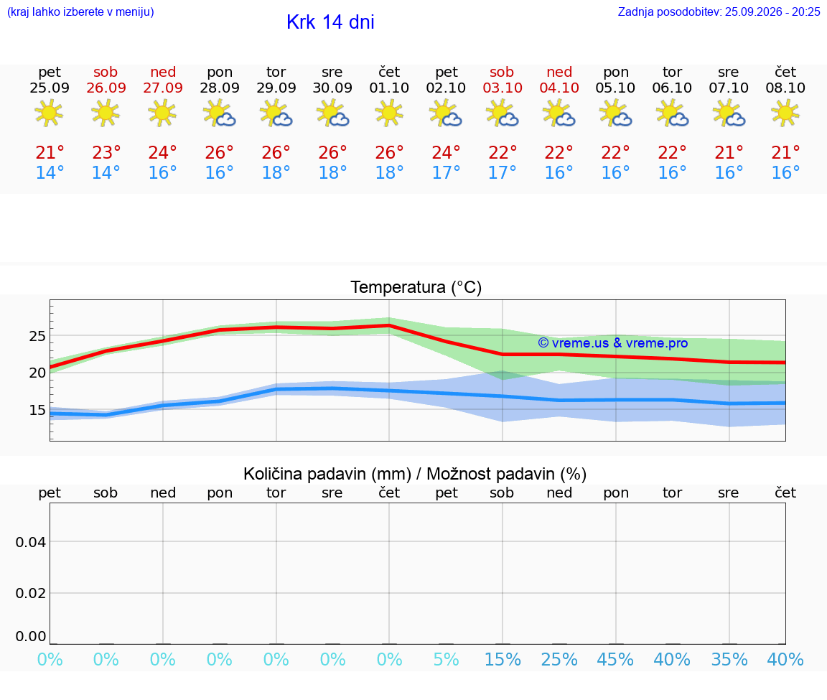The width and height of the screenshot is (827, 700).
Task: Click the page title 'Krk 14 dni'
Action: coord(330,22)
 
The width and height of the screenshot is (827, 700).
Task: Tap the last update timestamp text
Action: coord(719,11)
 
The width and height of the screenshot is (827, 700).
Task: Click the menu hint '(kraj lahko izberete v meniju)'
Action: coord(80,12)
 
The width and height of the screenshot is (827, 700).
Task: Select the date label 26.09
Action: coord(106,88)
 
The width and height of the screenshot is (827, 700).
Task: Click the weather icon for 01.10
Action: coord(389,113)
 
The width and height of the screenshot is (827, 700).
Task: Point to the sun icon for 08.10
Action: coord(785,113)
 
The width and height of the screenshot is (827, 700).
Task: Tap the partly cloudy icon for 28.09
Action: coord(220,113)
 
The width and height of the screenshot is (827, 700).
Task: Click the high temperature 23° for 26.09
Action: coord(106,152)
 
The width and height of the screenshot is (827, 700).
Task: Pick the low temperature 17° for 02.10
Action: coord(447,172)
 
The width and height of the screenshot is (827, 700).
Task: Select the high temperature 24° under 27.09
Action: coord(162,152)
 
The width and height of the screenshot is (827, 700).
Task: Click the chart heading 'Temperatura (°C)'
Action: coord(416,287)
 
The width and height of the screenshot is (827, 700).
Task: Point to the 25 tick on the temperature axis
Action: coord(37,336)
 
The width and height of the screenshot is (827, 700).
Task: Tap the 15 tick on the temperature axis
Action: coord(37,410)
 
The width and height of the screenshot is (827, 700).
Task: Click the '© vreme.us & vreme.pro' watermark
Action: coord(613,343)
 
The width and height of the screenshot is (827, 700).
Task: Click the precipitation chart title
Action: coord(415,475)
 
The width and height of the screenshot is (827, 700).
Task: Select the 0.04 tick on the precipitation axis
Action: coord(31,542)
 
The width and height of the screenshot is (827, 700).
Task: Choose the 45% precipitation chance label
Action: coord(615,660)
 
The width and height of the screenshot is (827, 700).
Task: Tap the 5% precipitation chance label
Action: coord(447,660)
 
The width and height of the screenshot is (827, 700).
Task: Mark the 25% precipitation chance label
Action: coord(559,660)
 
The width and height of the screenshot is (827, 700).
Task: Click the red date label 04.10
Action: coord(559,88)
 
